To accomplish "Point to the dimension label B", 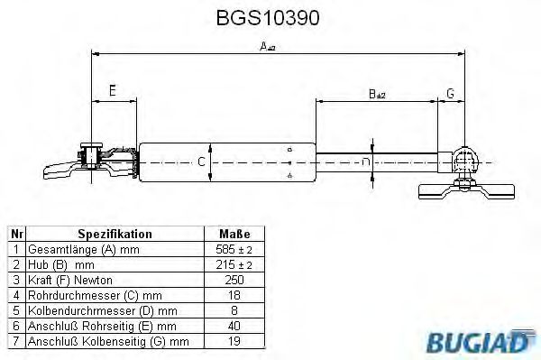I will pyautogui.click(x=376, y=93).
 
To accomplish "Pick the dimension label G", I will pyautogui.click(x=450, y=93).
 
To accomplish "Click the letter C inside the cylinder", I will pyautogui.click(x=202, y=162).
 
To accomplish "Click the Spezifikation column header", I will pyautogui.click(x=115, y=234).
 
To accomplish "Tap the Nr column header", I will pyautogui.click(x=15, y=234).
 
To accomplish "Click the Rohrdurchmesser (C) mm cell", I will pyautogui.click(x=95, y=294).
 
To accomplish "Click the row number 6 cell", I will pyautogui.click(x=15, y=325).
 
